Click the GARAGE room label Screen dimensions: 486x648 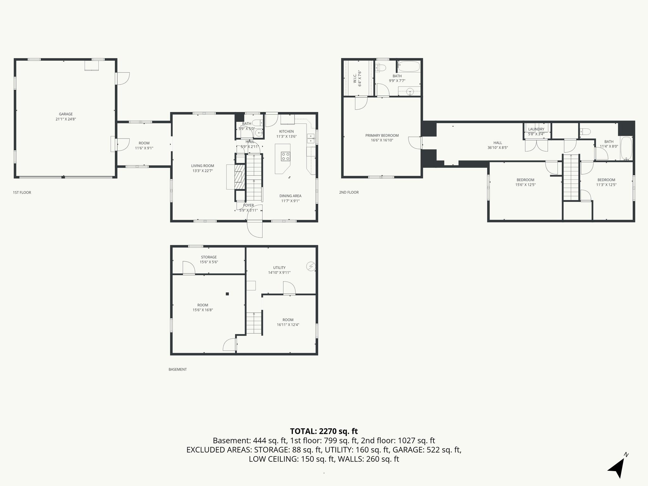(x=66, y=114)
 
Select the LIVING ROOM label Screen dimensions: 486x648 (x=202, y=166)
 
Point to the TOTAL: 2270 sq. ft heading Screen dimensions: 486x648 (x=324, y=431)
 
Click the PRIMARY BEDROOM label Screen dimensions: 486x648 (x=382, y=135)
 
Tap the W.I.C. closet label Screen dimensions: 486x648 (x=355, y=78)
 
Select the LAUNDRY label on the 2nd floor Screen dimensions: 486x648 (x=536, y=129)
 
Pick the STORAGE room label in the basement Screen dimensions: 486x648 (x=209, y=257)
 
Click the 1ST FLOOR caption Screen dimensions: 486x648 (x=22, y=192)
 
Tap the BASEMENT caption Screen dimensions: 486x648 (x=178, y=369)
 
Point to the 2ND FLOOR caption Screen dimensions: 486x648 (x=349, y=192)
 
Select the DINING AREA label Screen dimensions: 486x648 (x=290, y=196)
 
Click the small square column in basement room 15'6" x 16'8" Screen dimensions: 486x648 (x=227, y=294)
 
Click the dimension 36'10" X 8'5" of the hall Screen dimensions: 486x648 (x=498, y=147)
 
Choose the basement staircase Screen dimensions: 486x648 (x=254, y=323)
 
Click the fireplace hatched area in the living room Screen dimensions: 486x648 (x=240, y=177)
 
